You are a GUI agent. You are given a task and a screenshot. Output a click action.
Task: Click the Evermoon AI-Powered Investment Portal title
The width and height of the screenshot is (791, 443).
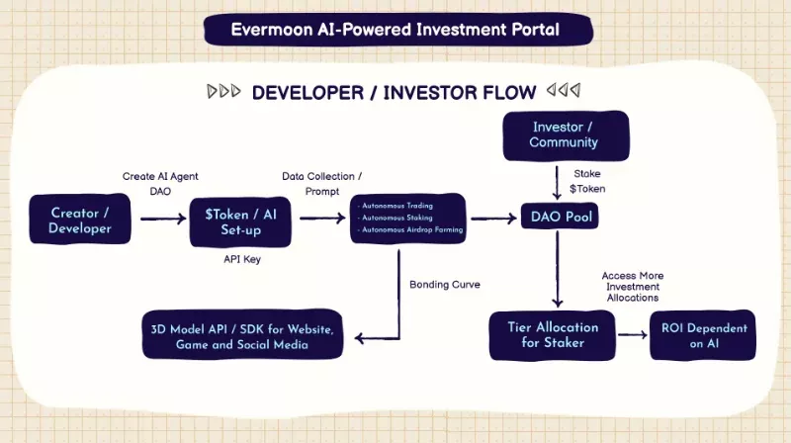tap(395, 29)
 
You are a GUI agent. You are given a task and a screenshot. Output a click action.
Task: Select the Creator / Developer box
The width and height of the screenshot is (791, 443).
tap(80, 221)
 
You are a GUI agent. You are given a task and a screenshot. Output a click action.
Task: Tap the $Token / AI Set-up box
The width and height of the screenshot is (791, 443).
tap(240, 221)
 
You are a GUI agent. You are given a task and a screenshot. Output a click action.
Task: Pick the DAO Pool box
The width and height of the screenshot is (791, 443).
tap(559, 217)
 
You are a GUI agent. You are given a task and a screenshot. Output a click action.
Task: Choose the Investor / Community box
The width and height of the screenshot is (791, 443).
tap(565, 134)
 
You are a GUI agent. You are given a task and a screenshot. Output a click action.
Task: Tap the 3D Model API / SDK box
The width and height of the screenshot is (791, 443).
tap(243, 336)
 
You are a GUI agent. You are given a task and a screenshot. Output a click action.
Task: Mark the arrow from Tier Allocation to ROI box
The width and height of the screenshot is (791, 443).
tap(627, 335)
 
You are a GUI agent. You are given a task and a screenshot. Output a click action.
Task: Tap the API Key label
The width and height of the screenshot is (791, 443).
tap(241, 258)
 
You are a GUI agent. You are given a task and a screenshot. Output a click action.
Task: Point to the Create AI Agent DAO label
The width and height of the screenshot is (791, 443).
tap(159, 183)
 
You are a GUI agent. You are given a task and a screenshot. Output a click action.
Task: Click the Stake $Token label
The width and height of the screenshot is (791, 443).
tap(588, 181)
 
